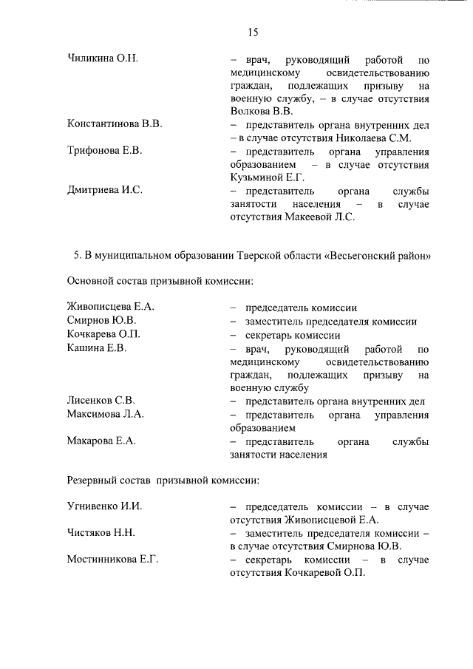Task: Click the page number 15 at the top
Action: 252,32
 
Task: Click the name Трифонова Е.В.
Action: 104,151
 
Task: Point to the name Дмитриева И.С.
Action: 105,190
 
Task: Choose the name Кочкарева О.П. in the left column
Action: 104,335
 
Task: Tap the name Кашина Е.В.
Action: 97,348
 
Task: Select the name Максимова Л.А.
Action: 105,415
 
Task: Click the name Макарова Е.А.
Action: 101,441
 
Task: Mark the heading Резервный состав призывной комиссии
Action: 163,480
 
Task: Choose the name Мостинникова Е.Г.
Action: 112,560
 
